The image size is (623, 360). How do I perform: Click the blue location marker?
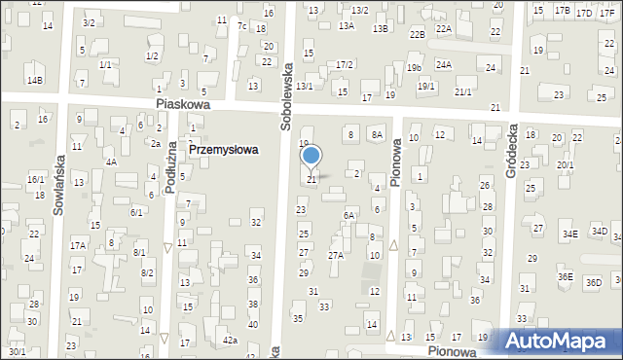click(311, 156)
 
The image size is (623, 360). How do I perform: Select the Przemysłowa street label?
click(223, 150)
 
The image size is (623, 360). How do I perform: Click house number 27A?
click(335, 255)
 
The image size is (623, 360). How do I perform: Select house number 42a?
click(230, 340)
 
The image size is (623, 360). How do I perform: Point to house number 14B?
click(35, 80)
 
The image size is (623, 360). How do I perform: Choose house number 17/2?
click(344, 64)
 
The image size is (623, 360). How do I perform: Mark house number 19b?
click(415, 67)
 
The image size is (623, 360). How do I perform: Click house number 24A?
click(444, 64)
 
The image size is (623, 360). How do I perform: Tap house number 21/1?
click(463, 91)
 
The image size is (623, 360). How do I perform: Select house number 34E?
click(569, 234)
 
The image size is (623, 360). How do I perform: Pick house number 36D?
click(594, 282)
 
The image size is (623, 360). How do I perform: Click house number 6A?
click(348, 215)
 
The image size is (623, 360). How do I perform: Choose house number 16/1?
click(35, 179)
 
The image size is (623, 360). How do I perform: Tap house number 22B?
click(417, 34)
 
